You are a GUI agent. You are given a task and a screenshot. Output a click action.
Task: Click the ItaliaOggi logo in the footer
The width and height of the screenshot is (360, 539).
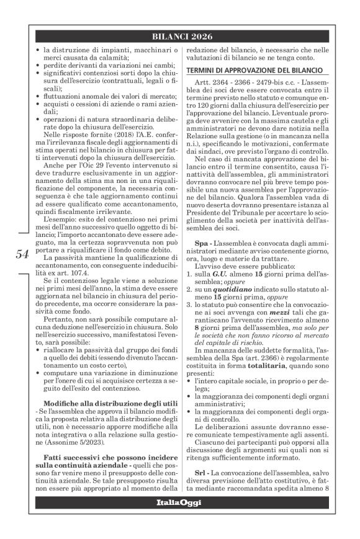point(184,502)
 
